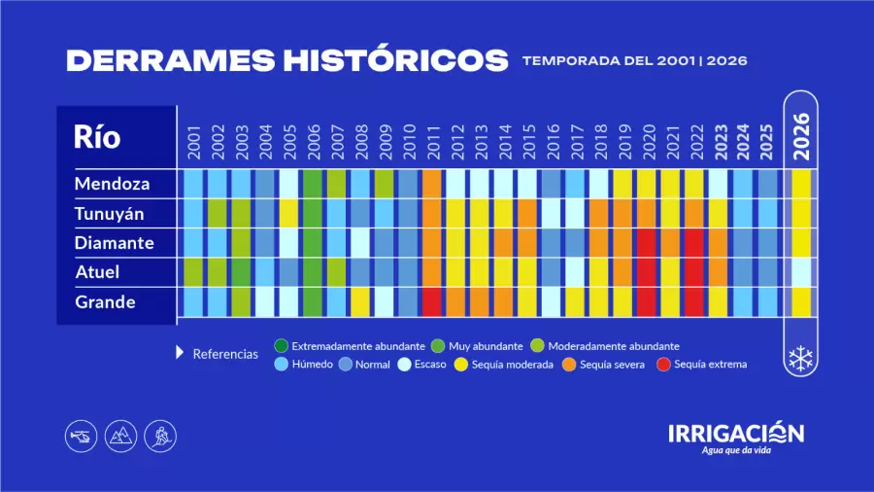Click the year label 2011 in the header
tap(431, 141)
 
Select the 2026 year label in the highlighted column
tap(801, 136)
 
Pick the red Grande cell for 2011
tap(431, 302)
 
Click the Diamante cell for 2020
tap(646, 242)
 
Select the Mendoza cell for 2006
tap(312, 183)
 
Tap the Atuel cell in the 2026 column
tap(801, 272)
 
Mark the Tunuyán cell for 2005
tap(288, 213)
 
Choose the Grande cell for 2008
tap(359, 302)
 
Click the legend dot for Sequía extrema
tap(663, 365)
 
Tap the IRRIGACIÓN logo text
tap(736, 433)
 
